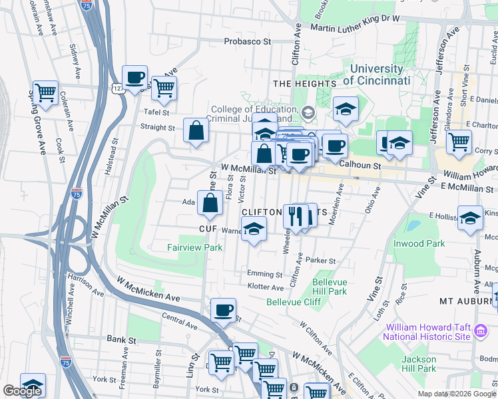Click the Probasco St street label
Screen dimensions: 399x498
pos(248,41)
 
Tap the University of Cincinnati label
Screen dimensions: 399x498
pos(376,74)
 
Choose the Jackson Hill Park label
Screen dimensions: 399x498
pos(419,364)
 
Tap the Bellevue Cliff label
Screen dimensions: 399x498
pos(294,302)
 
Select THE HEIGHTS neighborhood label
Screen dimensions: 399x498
pos(304,84)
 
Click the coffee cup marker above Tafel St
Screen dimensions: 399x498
pos(134,77)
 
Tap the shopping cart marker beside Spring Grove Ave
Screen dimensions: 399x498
pos(46,92)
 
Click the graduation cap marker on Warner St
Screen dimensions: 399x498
pos(253,230)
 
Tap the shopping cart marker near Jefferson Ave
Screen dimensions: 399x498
pos(459,142)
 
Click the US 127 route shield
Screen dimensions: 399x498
pos(117,88)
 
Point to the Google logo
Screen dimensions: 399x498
pos(22,391)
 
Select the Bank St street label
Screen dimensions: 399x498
pos(121,339)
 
